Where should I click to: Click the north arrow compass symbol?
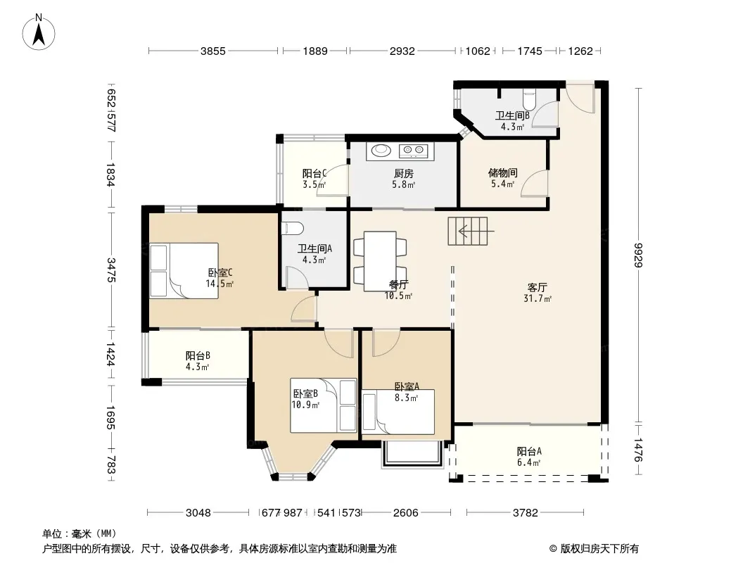(x=39, y=32)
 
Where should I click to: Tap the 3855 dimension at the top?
(x=213, y=51)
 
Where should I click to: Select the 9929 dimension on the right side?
(x=639, y=255)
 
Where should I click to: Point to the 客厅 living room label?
(x=537, y=287)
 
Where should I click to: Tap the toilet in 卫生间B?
(x=529, y=99)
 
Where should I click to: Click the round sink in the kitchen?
(x=381, y=150)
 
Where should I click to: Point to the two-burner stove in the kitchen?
(x=414, y=151)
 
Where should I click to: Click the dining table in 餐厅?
(x=380, y=261)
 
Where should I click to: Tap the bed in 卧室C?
(x=184, y=271)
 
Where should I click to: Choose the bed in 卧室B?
(x=324, y=405)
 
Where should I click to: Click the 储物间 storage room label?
(x=503, y=172)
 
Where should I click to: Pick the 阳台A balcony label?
(x=529, y=451)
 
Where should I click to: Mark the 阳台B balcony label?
(x=198, y=356)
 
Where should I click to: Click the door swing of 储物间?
(x=534, y=183)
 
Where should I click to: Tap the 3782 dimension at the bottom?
(x=525, y=513)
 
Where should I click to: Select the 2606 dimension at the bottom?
(x=406, y=513)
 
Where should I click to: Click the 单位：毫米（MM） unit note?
(x=80, y=534)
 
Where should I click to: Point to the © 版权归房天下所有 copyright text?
(x=594, y=549)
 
